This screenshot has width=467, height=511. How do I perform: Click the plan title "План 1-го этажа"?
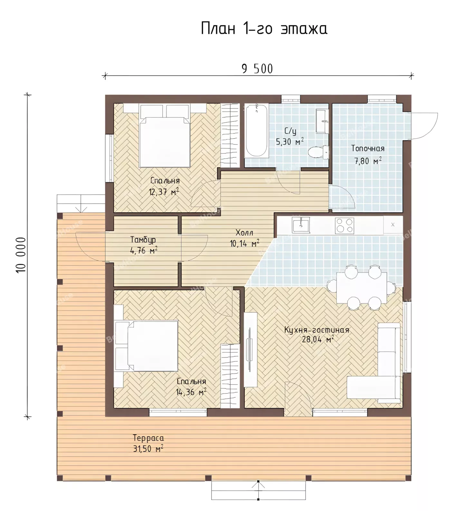(264, 29)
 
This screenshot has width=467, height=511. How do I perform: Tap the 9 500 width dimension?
(257, 69)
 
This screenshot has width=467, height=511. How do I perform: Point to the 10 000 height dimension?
(21, 256)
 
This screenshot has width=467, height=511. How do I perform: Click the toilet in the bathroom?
(319, 152)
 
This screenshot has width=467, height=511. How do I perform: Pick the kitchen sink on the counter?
(300, 225)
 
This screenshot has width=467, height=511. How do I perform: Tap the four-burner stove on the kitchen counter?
(345, 225)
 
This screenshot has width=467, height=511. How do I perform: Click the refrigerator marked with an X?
(393, 225)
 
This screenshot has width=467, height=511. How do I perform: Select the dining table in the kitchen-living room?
(362, 288)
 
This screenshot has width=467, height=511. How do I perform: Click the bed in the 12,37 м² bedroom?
(164, 137)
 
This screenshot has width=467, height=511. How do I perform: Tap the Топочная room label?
(368, 148)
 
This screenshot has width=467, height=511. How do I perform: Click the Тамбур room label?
(143, 240)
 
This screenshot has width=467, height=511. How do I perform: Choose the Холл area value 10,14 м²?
(244, 244)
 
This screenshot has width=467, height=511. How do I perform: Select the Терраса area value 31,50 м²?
(148, 449)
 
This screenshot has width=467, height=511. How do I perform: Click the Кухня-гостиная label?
(317, 330)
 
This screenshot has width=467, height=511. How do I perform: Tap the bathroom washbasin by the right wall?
(322, 121)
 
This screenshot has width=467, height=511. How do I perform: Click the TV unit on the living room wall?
(250, 350)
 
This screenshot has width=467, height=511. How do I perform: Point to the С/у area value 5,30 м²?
(290, 142)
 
